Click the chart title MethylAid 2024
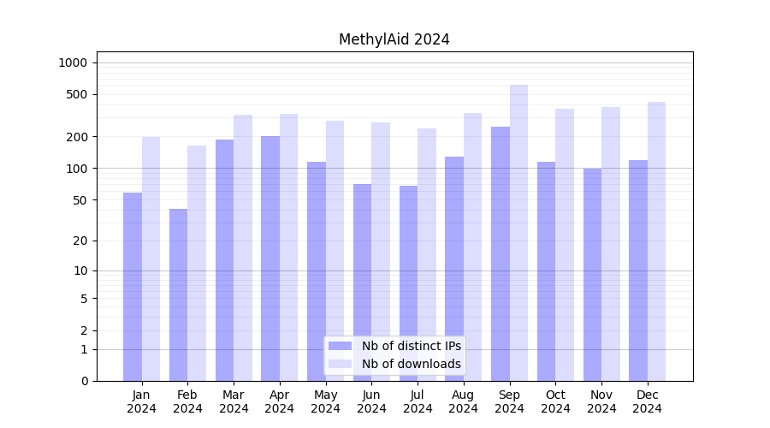coord(394,39)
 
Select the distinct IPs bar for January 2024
coord(133,287)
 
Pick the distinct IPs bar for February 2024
coord(178,295)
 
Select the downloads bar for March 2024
coord(243,248)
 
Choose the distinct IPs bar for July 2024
coord(408,283)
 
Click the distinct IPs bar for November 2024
coord(592,275)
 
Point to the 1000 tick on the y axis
coord(73,62)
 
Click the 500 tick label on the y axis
coord(77,94)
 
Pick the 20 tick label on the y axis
coord(80,241)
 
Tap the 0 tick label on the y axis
coord(84,381)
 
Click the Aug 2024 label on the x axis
coord(464,401)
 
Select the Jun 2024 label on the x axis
coord(371,401)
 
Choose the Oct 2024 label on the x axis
coord(555,401)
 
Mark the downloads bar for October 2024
coord(565,245)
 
